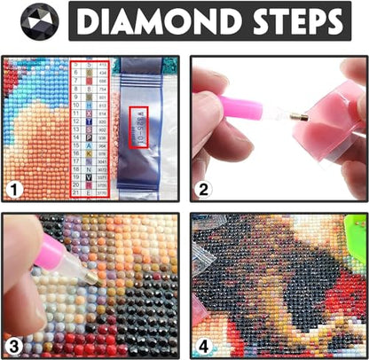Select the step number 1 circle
[15, 189]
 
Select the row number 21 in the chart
[78, 192]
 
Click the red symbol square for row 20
[91, 184]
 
